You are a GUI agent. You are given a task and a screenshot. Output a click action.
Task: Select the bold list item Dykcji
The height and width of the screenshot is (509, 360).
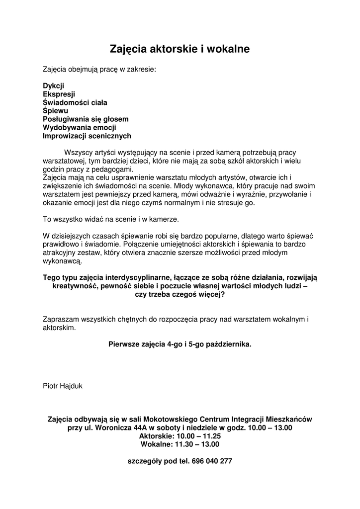[x=53, y=86]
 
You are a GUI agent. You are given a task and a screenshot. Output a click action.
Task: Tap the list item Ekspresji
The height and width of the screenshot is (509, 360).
[x=59, y=94]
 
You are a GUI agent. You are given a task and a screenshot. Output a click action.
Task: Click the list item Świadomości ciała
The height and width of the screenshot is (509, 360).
[x=75, y=102]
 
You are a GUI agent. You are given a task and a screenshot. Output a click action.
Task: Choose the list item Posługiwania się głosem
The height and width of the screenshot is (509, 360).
[x=86, y=119]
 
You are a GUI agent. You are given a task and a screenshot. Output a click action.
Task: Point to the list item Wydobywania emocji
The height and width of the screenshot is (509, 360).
[x=80, y=127]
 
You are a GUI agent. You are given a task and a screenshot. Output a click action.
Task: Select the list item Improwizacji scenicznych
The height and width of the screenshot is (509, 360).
[x=87, y=136]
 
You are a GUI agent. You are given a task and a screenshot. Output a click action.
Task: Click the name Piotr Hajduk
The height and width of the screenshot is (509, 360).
[x=63, y=385]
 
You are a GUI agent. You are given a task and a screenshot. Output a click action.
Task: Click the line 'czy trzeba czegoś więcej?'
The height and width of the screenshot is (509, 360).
[x=180, y=294]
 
